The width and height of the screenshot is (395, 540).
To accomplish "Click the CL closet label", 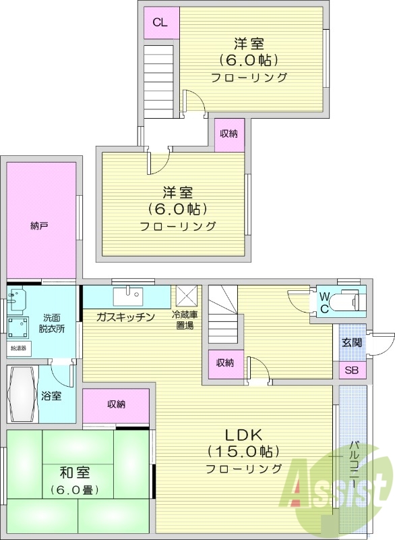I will [159, 22].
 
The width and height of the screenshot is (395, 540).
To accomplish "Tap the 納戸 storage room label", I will [39, 226].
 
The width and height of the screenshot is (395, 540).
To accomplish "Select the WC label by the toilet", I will [324, 302].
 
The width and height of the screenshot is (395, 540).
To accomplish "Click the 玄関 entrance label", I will [352, 342].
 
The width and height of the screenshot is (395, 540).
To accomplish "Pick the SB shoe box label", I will [352, 370].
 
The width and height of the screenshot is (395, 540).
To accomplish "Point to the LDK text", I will [243, 434].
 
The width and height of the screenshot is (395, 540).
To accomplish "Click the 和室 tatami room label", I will [75, 472].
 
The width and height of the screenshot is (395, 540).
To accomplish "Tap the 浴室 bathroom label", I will [52, 396].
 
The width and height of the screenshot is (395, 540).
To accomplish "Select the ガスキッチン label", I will [125, 317].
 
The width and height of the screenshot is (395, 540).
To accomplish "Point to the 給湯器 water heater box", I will [18, 349].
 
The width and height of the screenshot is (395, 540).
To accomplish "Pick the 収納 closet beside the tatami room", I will [116, 404].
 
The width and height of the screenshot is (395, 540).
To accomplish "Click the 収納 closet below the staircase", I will [224, 363].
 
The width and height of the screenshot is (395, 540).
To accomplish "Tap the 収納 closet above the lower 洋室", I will [229, 134].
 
